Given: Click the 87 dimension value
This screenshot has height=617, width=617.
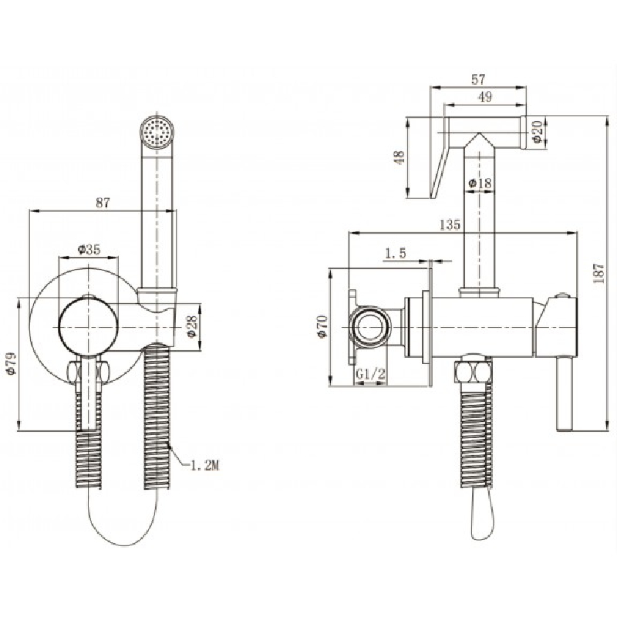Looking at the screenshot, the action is click(x=103, y=203).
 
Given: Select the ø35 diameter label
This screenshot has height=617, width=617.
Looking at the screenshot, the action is click(x=89, y=249).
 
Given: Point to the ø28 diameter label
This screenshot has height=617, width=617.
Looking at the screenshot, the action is click(x=191, y=326).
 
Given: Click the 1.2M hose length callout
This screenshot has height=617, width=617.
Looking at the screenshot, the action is click(x=204, y=466).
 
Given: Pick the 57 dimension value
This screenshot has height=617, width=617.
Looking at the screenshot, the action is click(x=478, y=79).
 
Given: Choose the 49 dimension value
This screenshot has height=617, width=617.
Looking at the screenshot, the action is click(x=486, y=96).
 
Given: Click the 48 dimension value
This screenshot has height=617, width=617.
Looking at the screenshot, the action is click(x=400, y=157).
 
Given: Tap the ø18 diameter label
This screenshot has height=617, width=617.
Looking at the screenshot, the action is click(x=480, y=183).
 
